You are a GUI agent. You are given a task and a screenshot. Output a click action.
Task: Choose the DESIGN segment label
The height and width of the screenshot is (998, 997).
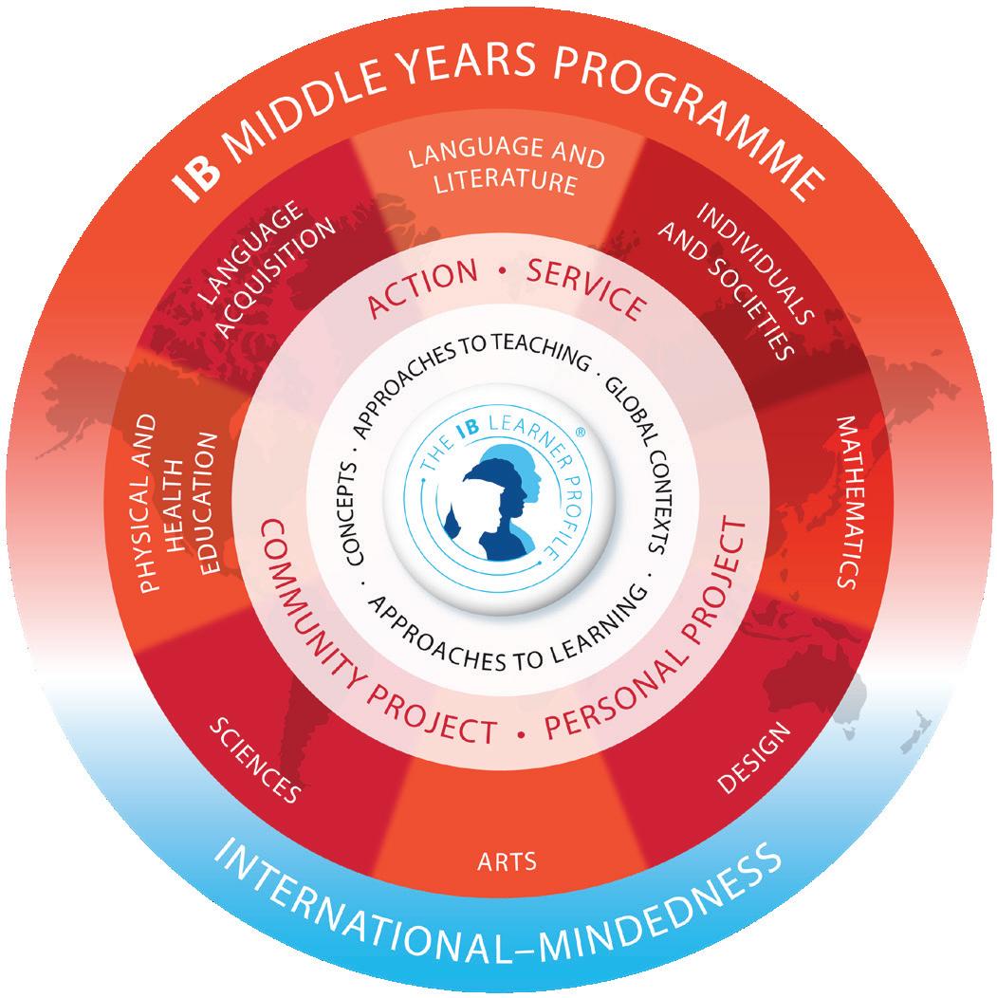(x=753, y=759)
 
